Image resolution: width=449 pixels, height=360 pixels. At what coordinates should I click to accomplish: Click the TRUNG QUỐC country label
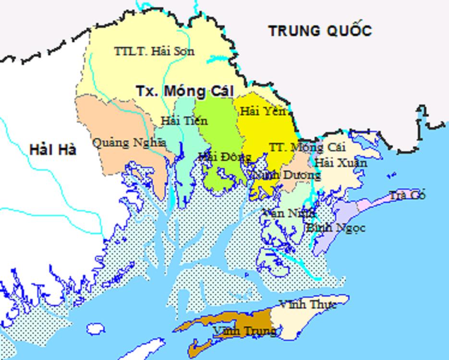point(320,31)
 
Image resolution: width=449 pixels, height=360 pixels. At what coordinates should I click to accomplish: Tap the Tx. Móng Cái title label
point(184,91)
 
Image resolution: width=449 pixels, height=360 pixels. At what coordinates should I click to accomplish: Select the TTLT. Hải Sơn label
point(154,50)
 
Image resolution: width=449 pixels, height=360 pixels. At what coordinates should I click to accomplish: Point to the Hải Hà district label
point(53,149)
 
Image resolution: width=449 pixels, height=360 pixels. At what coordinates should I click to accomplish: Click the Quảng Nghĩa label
point(129,143)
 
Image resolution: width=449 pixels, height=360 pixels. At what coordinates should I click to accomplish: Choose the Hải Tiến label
point(184,120)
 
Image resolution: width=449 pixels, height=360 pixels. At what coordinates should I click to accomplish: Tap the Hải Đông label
point(224,156)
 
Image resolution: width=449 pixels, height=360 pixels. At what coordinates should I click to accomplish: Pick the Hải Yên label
point(263,111)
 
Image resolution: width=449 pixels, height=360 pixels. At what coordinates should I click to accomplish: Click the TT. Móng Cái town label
point(307,147)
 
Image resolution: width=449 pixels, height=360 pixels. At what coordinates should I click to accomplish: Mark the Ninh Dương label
point(287,175)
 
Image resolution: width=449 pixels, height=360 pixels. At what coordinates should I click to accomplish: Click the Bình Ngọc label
point(335,227)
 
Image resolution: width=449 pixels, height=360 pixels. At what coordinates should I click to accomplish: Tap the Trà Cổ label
point(407,195)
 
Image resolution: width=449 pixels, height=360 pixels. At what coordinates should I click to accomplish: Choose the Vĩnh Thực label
point(307,304)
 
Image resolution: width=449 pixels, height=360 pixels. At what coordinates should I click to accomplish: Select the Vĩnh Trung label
point(244,331)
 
